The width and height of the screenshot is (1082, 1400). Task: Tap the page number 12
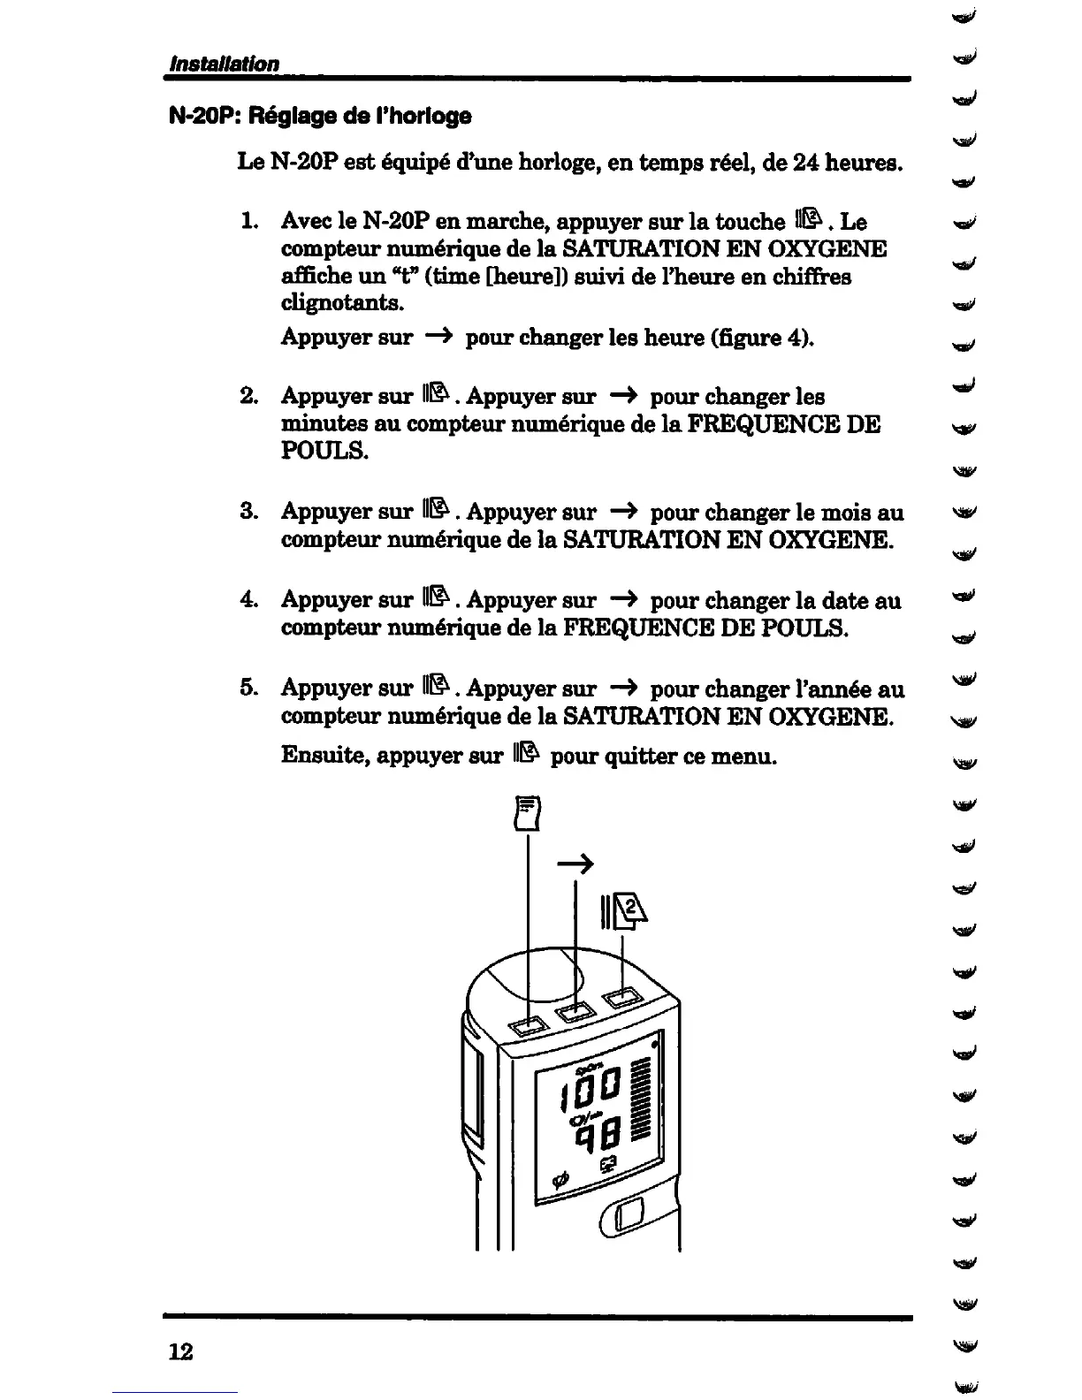click(x=180, y=1351)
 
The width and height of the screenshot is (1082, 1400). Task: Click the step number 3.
click(x=248, y=512)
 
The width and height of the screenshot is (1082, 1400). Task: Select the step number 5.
click(x=248, y=688)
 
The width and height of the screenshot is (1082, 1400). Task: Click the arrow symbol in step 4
click(x=623, y=600)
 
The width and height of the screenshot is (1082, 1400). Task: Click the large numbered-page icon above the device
click(x=624, y=913)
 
